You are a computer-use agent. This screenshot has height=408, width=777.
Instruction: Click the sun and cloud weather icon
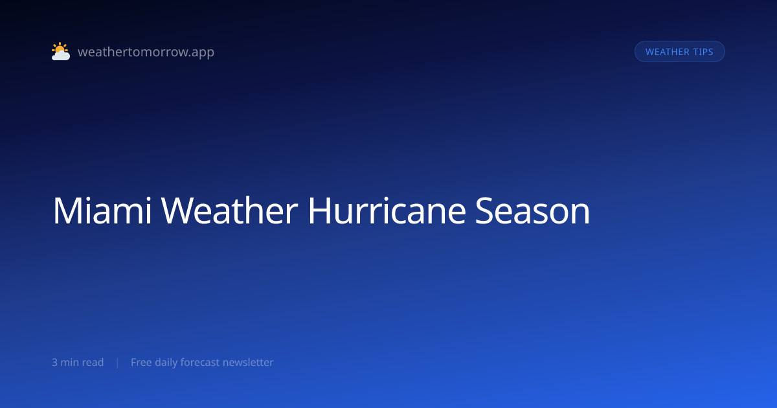click(x=61, y=51)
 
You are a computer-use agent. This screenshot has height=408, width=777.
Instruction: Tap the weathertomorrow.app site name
click(x=146, y=52)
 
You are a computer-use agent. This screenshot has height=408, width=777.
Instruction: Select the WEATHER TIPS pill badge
click(x=679, y=52)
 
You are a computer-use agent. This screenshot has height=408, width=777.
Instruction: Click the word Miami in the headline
click(x=102, y=210)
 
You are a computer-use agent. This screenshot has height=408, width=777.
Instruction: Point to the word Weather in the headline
click(x=229, y=210)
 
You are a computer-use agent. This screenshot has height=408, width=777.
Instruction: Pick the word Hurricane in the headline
click(x=387, y=210)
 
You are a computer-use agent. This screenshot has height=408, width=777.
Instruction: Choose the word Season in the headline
click(x=532, y=210)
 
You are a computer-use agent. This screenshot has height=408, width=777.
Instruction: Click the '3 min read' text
click(x=78, y=362)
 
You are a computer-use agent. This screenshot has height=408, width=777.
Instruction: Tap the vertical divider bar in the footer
click(x=118, y=363)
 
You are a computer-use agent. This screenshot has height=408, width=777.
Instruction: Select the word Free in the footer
click(x=141, y=362)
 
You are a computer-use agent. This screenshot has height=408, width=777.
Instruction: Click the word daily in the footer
click(x=166, y=363)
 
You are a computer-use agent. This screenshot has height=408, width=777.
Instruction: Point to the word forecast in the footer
click(x=200, y=362)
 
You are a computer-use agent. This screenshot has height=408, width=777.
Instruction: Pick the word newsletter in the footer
click(x=248, y=362)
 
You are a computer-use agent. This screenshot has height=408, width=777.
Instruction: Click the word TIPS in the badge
click(x=703, y=52)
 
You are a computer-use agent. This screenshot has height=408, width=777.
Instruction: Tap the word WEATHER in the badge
click(x=668, y=52)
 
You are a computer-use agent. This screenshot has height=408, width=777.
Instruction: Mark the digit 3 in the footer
click(x=54, y=363)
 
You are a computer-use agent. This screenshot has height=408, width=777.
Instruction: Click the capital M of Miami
click(x=67, y=210)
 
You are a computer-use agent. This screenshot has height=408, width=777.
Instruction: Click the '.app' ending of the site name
click(x=203, y=53)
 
